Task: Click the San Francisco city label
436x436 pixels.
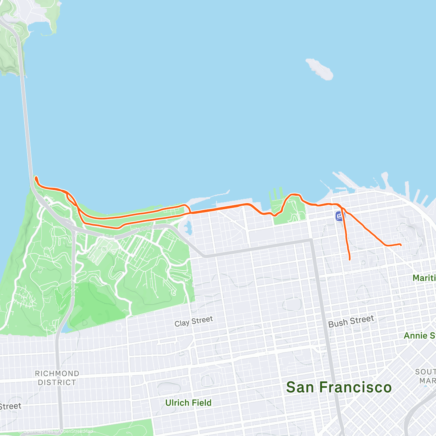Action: [x=339, y=387]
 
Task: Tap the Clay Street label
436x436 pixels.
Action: [x=194, y=322]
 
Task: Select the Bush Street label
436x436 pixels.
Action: [x=351, y=322]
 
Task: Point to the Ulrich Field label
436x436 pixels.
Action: [x=188, y=403]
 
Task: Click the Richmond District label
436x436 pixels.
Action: [x=57, y=378]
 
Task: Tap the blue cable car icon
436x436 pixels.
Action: [x=340, y=216]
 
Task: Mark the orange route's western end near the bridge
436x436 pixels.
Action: [x=36, y=178]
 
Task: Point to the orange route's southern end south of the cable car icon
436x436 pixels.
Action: [x=349, y=259]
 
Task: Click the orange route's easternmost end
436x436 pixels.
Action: [x=400, y=245]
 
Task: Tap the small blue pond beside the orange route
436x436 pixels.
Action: [x=187, y=228]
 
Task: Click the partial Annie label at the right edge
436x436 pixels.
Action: [x=420, y=335]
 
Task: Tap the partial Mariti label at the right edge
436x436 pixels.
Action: [x=424, y=278]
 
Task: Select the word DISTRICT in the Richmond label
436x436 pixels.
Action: [x=57, y=383]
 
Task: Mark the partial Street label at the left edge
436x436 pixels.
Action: [x=10, y=407]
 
